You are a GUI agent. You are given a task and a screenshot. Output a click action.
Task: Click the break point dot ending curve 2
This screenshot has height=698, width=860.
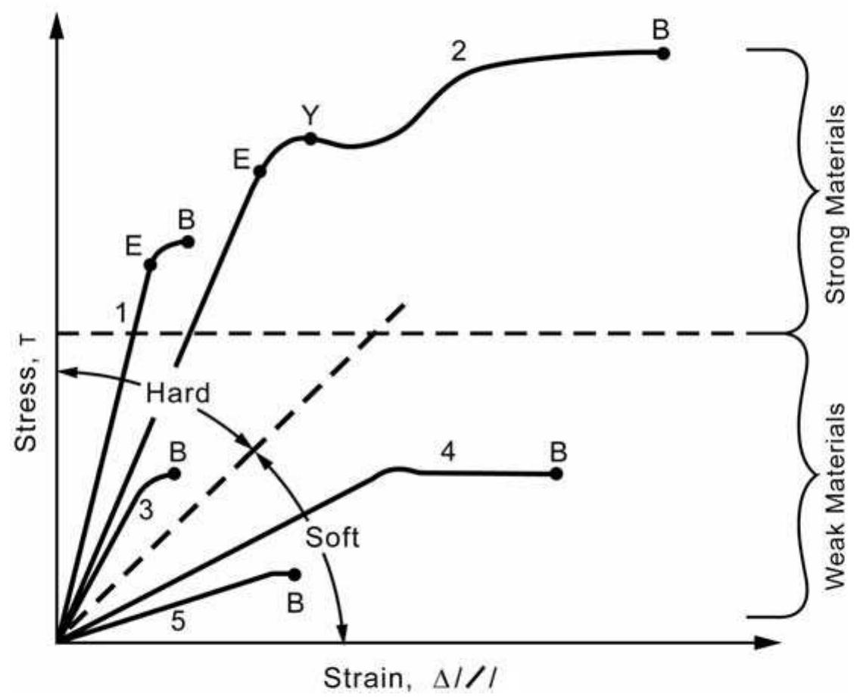663,53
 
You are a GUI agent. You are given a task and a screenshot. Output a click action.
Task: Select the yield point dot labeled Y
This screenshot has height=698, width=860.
310,138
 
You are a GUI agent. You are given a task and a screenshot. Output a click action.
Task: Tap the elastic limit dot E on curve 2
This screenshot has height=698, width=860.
259,171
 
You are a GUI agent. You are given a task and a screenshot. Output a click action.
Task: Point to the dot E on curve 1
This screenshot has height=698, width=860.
150,264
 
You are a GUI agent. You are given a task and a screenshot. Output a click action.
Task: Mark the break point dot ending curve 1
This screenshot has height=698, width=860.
188,242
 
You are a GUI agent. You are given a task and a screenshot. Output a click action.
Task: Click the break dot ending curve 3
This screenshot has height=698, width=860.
175,473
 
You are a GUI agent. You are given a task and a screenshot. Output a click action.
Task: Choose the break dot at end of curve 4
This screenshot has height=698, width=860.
556,473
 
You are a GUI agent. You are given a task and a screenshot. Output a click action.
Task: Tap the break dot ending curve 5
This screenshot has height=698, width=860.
294,575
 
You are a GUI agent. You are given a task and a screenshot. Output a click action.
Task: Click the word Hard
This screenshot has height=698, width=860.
177,394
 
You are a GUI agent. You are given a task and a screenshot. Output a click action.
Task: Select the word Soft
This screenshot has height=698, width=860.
332,538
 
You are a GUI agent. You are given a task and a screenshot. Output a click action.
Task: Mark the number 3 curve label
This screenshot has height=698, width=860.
146,511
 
